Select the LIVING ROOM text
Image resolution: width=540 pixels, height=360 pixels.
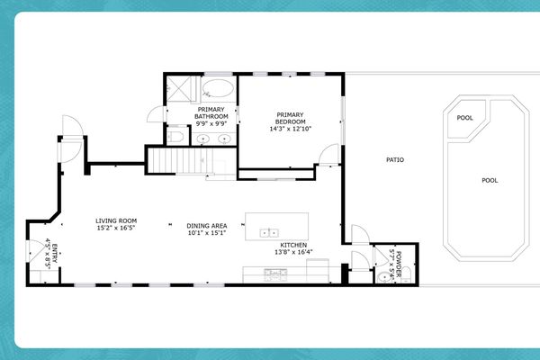(116, 220)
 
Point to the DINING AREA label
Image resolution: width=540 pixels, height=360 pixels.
(206, 225)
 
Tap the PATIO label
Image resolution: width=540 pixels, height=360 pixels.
(394, 160)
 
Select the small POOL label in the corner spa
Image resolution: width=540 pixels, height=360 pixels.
(464, 118)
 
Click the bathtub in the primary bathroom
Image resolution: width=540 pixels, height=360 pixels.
(217, 89)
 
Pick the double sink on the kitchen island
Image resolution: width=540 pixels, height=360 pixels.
(268, 232)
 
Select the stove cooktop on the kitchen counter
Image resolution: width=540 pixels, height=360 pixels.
(271, 271)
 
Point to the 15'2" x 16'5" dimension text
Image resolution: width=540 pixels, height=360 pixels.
(116, 229)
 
